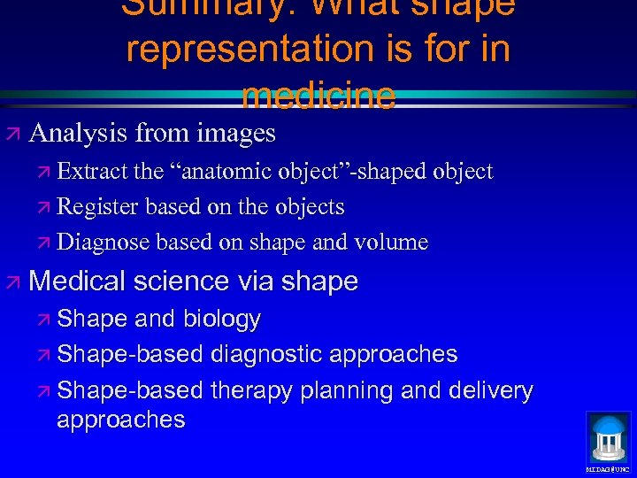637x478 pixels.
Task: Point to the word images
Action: coord(235,134)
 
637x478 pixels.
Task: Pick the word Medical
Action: coord(78,281)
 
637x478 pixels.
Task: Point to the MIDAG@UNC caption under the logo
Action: coord(608,468)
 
